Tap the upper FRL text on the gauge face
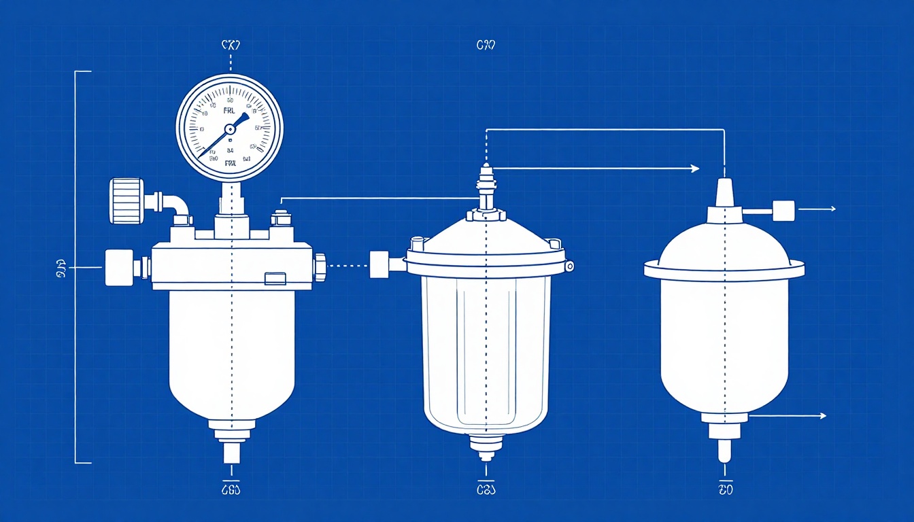(230, 109)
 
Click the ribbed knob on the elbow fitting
(126, 201)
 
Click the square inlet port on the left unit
(119, 267)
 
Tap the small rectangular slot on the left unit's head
(275, 277)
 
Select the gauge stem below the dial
(231, 198)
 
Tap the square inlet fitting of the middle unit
(378, 264)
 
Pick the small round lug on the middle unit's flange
(569, 266)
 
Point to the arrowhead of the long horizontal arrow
(694, 169)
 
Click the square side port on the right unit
(783, 210)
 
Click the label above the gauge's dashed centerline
(231, 46)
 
